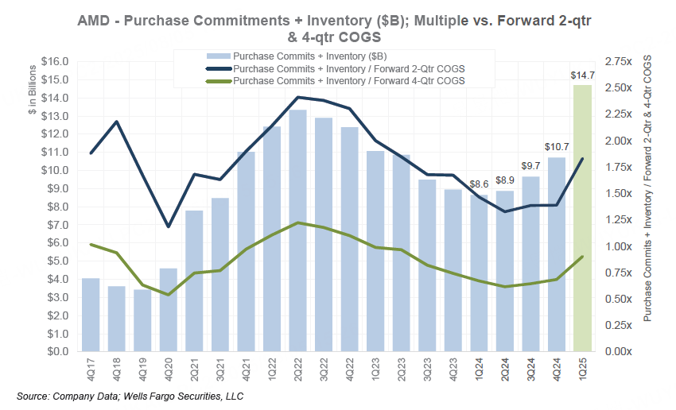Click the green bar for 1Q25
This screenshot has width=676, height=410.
click(582, 219)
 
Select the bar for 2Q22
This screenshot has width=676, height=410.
click(297, 230)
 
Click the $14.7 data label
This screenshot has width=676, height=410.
click(582, 75)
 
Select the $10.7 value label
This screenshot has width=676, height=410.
click(556, 147)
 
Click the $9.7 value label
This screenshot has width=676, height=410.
click(530, 165)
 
